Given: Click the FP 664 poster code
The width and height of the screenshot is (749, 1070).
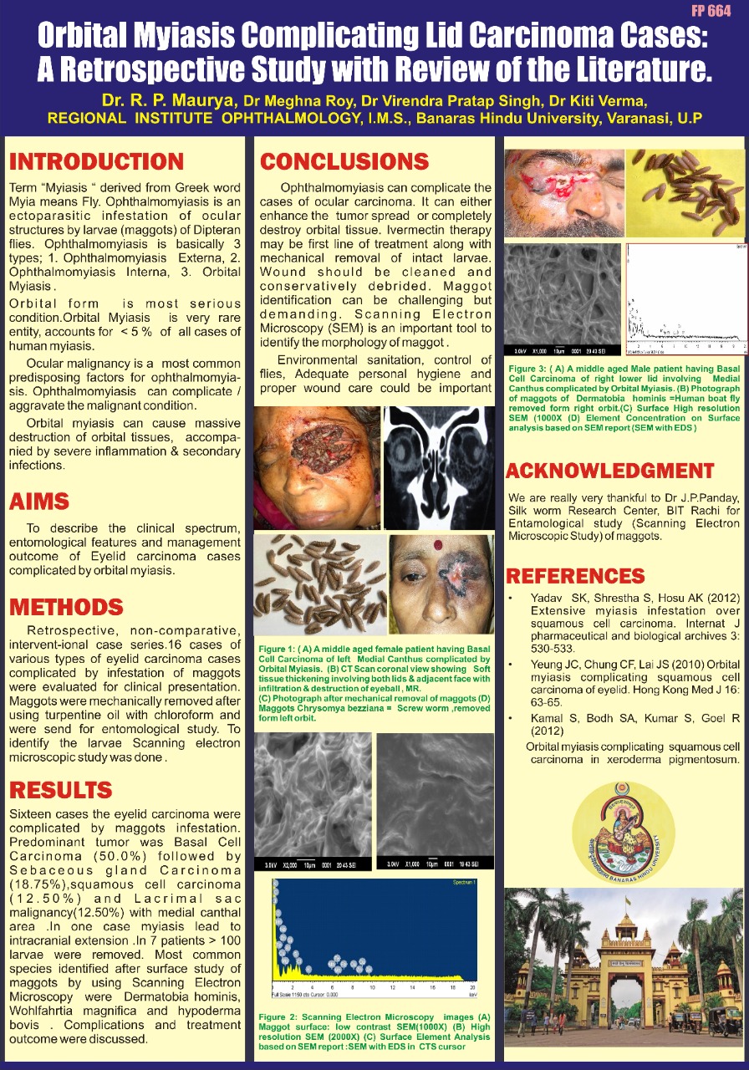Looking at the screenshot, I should tap(711, 10).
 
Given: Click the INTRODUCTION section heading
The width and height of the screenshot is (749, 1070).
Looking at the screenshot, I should tap(96, 161).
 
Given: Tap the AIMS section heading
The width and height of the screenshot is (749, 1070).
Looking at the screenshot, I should tap(38, 502).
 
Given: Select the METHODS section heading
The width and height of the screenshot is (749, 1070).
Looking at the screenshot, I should tap(66, 606).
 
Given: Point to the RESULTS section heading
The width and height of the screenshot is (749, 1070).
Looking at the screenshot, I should tap(60, 790).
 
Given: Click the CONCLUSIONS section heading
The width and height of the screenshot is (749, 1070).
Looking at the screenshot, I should tap(344, 161).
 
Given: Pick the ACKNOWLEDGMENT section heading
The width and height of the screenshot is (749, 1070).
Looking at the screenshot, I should tap(609, 471).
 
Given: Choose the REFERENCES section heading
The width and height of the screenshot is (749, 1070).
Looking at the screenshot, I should tap(575, 576).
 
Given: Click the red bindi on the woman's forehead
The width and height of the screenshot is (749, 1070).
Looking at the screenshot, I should tap(436, 544).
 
